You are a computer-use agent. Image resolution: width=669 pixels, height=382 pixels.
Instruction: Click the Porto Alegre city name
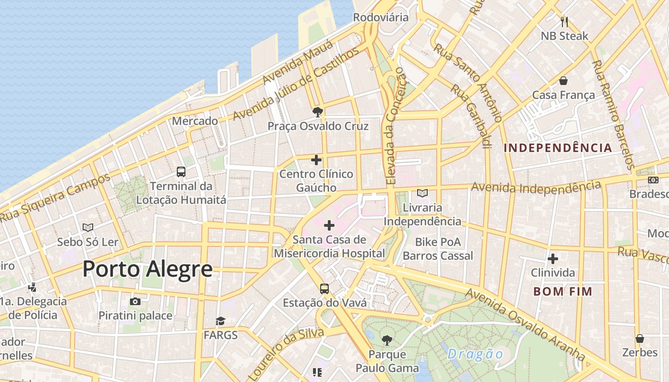(147, 269)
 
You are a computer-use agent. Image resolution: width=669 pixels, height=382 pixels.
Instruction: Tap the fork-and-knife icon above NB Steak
(564, 21)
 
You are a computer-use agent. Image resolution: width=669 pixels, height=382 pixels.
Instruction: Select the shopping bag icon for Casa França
(563, 81)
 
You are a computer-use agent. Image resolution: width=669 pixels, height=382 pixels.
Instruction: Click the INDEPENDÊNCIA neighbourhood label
(558, 148)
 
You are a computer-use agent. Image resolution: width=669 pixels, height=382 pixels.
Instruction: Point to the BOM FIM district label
(562, 291)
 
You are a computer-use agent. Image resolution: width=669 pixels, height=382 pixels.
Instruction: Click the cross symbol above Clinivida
(553, 259)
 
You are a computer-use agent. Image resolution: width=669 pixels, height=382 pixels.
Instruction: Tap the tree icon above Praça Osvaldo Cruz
(317, 112)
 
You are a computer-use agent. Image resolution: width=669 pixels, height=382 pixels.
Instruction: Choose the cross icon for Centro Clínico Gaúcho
(316, 160)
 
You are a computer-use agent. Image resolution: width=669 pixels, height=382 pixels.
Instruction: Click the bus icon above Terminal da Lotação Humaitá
(181, 172)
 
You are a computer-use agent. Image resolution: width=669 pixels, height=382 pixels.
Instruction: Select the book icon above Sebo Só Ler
(88, 228)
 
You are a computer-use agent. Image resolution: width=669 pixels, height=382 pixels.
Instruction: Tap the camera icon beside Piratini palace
(135, 301)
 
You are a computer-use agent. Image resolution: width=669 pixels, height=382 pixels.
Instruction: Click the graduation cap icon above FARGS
(220, 321)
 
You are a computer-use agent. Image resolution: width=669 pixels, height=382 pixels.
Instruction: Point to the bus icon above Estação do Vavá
(324, 288)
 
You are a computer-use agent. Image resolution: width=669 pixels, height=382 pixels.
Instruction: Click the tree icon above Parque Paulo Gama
(387, 340)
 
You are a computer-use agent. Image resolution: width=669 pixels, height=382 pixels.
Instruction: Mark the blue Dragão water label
(475, 354)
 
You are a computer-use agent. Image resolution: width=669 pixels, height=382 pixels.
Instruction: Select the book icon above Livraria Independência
(422, 193)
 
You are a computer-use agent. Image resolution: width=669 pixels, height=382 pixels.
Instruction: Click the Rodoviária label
(381, 17)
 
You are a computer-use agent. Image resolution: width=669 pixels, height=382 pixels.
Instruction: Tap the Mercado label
(195, 121)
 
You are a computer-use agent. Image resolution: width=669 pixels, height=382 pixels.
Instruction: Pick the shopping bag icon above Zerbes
(640, 339)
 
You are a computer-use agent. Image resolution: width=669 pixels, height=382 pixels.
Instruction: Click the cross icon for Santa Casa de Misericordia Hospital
(329, 225)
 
